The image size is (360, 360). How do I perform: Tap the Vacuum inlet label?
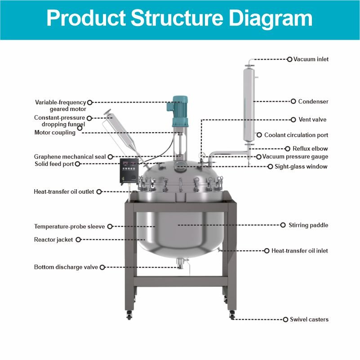click(x=311, y=59)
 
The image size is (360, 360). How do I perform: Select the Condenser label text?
click(x=313, y=102)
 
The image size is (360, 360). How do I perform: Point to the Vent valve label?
click(x=312, y=120)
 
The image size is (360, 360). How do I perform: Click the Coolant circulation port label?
click(x=296, y=135)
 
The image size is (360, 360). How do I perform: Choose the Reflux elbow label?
click(x=310, y=149)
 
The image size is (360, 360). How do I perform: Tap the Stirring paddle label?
click(x=308, y=225)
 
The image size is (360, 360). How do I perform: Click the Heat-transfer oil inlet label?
click(x=300, y=251)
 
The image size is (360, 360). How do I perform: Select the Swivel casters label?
click(x=309, y=320)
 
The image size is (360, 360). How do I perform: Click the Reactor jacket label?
click(x=53, y=240)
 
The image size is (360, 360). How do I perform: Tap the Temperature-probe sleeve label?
click(x=69, y=227)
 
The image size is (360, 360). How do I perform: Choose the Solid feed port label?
click(x=54, y=164)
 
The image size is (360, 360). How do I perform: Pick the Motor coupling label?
click(x=55, y=133)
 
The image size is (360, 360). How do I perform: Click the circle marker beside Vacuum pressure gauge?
click(x=259, y=157)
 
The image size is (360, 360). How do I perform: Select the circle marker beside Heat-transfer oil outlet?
click(x=99, y=192)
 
